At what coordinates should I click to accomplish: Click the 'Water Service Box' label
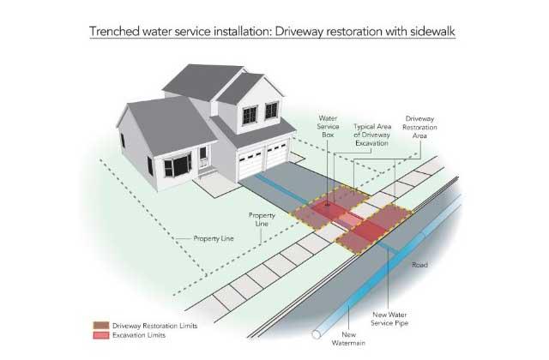point(328,126)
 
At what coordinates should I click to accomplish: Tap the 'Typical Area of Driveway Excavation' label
point(372,135)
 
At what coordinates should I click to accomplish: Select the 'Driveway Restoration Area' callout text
point(419,127)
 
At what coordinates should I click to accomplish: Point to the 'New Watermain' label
point(348,339)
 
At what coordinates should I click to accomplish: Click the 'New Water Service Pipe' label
point(389,319)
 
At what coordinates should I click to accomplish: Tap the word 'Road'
point(419,265)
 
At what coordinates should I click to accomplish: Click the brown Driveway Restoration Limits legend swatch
point(101,326)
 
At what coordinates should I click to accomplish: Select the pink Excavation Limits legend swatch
point(101,335)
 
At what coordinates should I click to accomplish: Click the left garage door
point(250,163)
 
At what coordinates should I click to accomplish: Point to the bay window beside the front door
point(178,165)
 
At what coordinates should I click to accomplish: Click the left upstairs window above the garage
point(250,116)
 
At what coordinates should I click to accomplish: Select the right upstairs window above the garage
point(271,111)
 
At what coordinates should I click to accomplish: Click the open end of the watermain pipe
point(317,334)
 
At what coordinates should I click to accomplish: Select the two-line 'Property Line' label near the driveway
point(262,219)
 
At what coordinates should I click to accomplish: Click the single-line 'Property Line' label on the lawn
point(214,238)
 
